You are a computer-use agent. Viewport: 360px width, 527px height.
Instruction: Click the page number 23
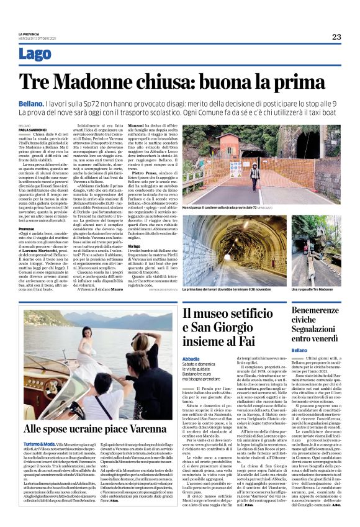coord(336,37)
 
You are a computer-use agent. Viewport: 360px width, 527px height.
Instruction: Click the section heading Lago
coord(35,55)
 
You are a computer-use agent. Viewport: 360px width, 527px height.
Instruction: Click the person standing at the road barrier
coord(254,174)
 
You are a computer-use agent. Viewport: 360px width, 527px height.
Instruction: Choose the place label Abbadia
coord(191,359)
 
